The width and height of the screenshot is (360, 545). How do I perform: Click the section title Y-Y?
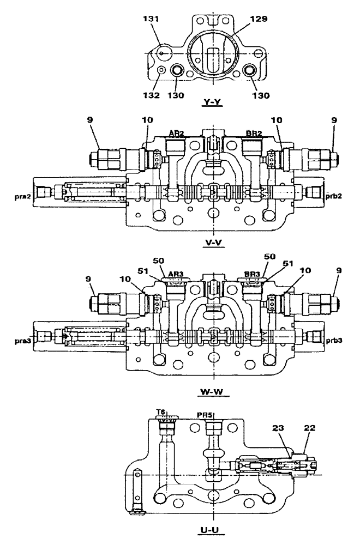pos(211,102)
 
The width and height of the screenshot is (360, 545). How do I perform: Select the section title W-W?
pos(213,390)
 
